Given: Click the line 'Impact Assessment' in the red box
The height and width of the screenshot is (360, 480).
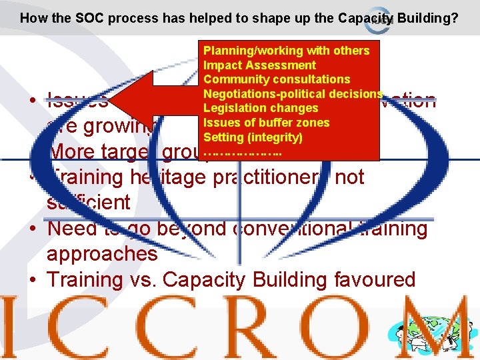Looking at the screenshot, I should click(259, 65).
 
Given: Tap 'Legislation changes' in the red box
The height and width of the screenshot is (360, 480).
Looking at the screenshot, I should click(261, 108).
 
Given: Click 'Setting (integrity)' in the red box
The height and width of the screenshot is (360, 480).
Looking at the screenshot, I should click(253, 137).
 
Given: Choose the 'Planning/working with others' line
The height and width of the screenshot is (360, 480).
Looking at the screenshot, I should click(286, 51).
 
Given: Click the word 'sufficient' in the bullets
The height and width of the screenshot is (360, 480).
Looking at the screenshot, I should click(89, 203).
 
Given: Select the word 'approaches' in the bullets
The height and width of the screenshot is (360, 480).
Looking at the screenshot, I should click(102, 254).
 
